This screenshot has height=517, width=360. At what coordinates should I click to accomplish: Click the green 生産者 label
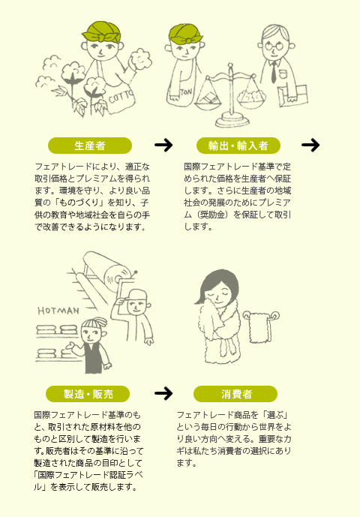90,146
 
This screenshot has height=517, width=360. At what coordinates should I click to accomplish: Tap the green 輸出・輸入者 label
238,146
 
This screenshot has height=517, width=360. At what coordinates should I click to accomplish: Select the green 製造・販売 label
88,394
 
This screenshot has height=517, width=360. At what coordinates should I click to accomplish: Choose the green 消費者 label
235,394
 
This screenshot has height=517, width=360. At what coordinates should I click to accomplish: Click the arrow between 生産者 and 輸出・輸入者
163,145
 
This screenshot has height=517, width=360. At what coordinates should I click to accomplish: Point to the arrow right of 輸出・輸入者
310,145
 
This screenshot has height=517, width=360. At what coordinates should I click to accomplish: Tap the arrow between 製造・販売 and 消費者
163,393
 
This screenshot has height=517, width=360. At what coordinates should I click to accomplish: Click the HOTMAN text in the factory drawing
58,311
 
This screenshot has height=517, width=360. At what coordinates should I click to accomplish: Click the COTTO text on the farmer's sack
121,95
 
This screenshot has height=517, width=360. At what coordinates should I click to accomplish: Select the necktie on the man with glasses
273,72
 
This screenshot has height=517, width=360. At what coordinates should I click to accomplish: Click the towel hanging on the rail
260,328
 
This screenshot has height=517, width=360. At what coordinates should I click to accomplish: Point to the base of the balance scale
232,119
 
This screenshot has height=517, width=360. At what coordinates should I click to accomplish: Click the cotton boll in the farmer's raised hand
140,59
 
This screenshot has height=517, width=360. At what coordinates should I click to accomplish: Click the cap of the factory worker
136,294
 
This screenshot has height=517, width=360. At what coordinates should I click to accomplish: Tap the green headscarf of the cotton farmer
103,33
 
